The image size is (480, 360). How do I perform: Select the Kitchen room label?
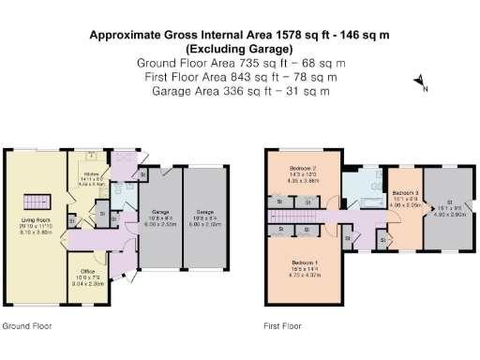91,174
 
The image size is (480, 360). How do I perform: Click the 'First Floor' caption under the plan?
282,327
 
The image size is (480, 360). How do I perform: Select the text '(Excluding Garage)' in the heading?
239,49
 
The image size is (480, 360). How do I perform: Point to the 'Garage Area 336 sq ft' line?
239,91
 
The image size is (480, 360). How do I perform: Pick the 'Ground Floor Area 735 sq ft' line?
239,63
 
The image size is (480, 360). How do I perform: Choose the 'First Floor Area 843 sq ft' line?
239,77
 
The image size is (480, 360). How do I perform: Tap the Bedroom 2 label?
304,170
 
